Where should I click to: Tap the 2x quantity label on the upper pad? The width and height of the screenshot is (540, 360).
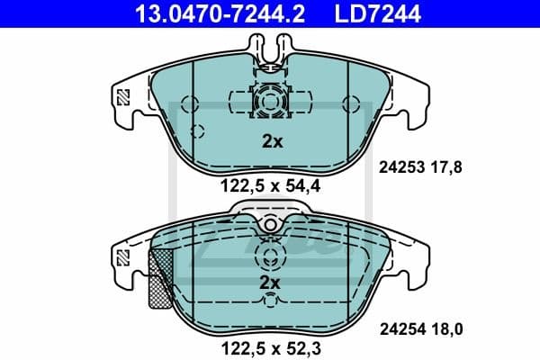pos(271,140)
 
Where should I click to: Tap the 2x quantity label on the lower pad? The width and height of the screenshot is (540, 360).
pos(271,282)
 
